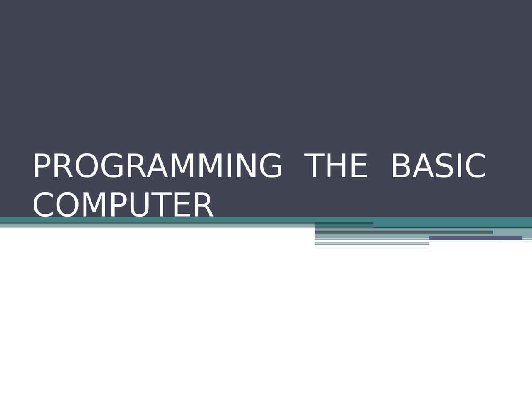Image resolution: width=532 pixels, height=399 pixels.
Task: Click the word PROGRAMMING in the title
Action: [x=158, y=166]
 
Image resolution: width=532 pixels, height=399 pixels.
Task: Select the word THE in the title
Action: [x=336, y=166]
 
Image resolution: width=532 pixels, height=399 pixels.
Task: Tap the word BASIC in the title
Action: [x=438, y=166]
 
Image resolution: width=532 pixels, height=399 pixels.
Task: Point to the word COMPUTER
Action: [x=123, y=204]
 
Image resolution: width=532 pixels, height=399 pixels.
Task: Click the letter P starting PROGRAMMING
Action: [x=42, y=166]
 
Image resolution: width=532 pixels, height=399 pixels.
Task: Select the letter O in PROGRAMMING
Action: [x=86, y=166]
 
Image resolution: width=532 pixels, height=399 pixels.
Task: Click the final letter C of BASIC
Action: [x=475, y=166]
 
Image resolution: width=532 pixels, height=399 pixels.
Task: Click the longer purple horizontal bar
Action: [x=404, y=232]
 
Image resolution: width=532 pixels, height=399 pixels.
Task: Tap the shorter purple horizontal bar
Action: [x=475, y=238]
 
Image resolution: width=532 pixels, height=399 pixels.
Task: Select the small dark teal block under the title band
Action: [x=344, y=225]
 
